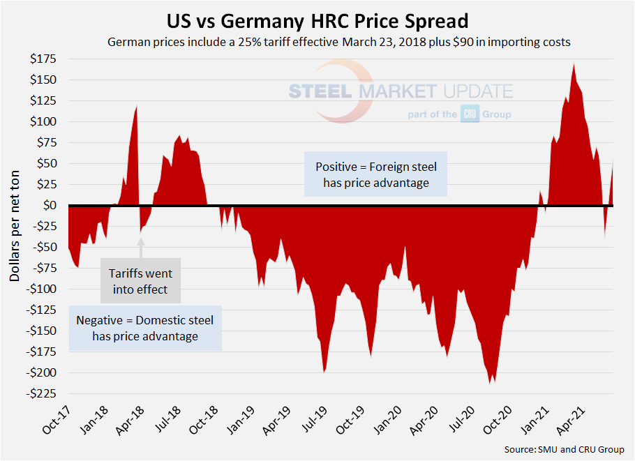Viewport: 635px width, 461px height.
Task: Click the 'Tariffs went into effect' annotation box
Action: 140,279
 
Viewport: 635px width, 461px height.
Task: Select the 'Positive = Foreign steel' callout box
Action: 376,175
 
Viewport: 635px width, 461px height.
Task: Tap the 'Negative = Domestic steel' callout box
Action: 145,328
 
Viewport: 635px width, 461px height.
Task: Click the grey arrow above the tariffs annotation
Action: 140,248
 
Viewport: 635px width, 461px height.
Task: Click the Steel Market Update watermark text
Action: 401,91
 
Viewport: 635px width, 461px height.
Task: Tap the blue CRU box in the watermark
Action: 469,114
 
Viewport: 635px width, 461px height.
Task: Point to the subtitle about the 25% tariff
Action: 339,42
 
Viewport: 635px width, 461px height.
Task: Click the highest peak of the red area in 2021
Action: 574,64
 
